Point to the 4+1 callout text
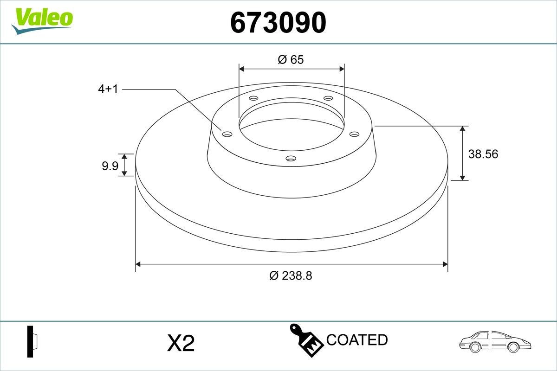108,90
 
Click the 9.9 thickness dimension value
110,166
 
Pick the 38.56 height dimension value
483,154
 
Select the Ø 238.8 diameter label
291,275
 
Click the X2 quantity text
180,344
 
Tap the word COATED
356,340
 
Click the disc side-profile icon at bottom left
32,342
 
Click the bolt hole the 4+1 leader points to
227,134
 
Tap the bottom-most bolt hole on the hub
291,159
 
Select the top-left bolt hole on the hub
253,98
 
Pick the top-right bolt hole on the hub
328,98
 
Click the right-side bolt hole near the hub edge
355,134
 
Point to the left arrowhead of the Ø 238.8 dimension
138,264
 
